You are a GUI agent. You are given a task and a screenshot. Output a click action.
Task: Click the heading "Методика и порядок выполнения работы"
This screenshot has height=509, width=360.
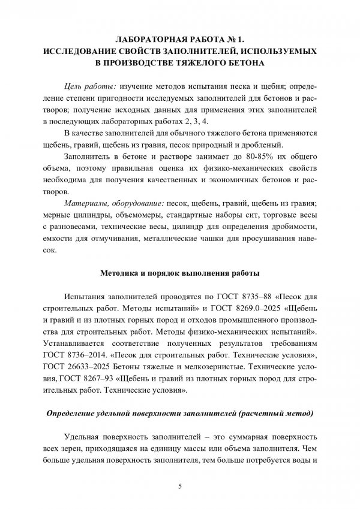click(x=179, y=274)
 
